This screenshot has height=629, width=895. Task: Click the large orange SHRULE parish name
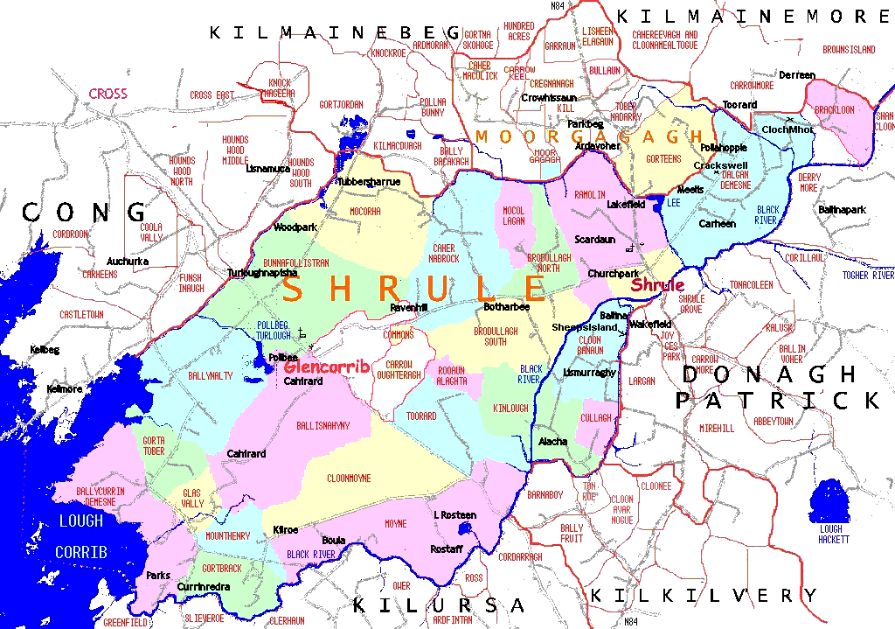point(414,289)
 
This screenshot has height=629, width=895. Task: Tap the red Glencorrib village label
point(321,366)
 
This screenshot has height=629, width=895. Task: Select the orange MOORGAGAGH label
point(589,136)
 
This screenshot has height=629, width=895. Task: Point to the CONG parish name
point(85,213)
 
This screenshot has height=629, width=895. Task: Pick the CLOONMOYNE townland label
point(349,479)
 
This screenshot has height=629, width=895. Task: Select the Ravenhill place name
point(410,308)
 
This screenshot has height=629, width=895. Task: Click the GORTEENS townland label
point(663,159)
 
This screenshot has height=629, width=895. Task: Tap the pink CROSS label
point(108,94)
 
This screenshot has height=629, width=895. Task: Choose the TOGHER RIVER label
point(867,276)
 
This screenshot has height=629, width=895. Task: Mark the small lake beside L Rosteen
point(465,529)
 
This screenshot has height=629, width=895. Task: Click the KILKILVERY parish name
point(704,596)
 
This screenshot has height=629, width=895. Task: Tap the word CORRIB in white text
point(81,553)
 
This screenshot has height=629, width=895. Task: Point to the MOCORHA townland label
point(365,212)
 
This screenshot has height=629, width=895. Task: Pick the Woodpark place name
point(295,227)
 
